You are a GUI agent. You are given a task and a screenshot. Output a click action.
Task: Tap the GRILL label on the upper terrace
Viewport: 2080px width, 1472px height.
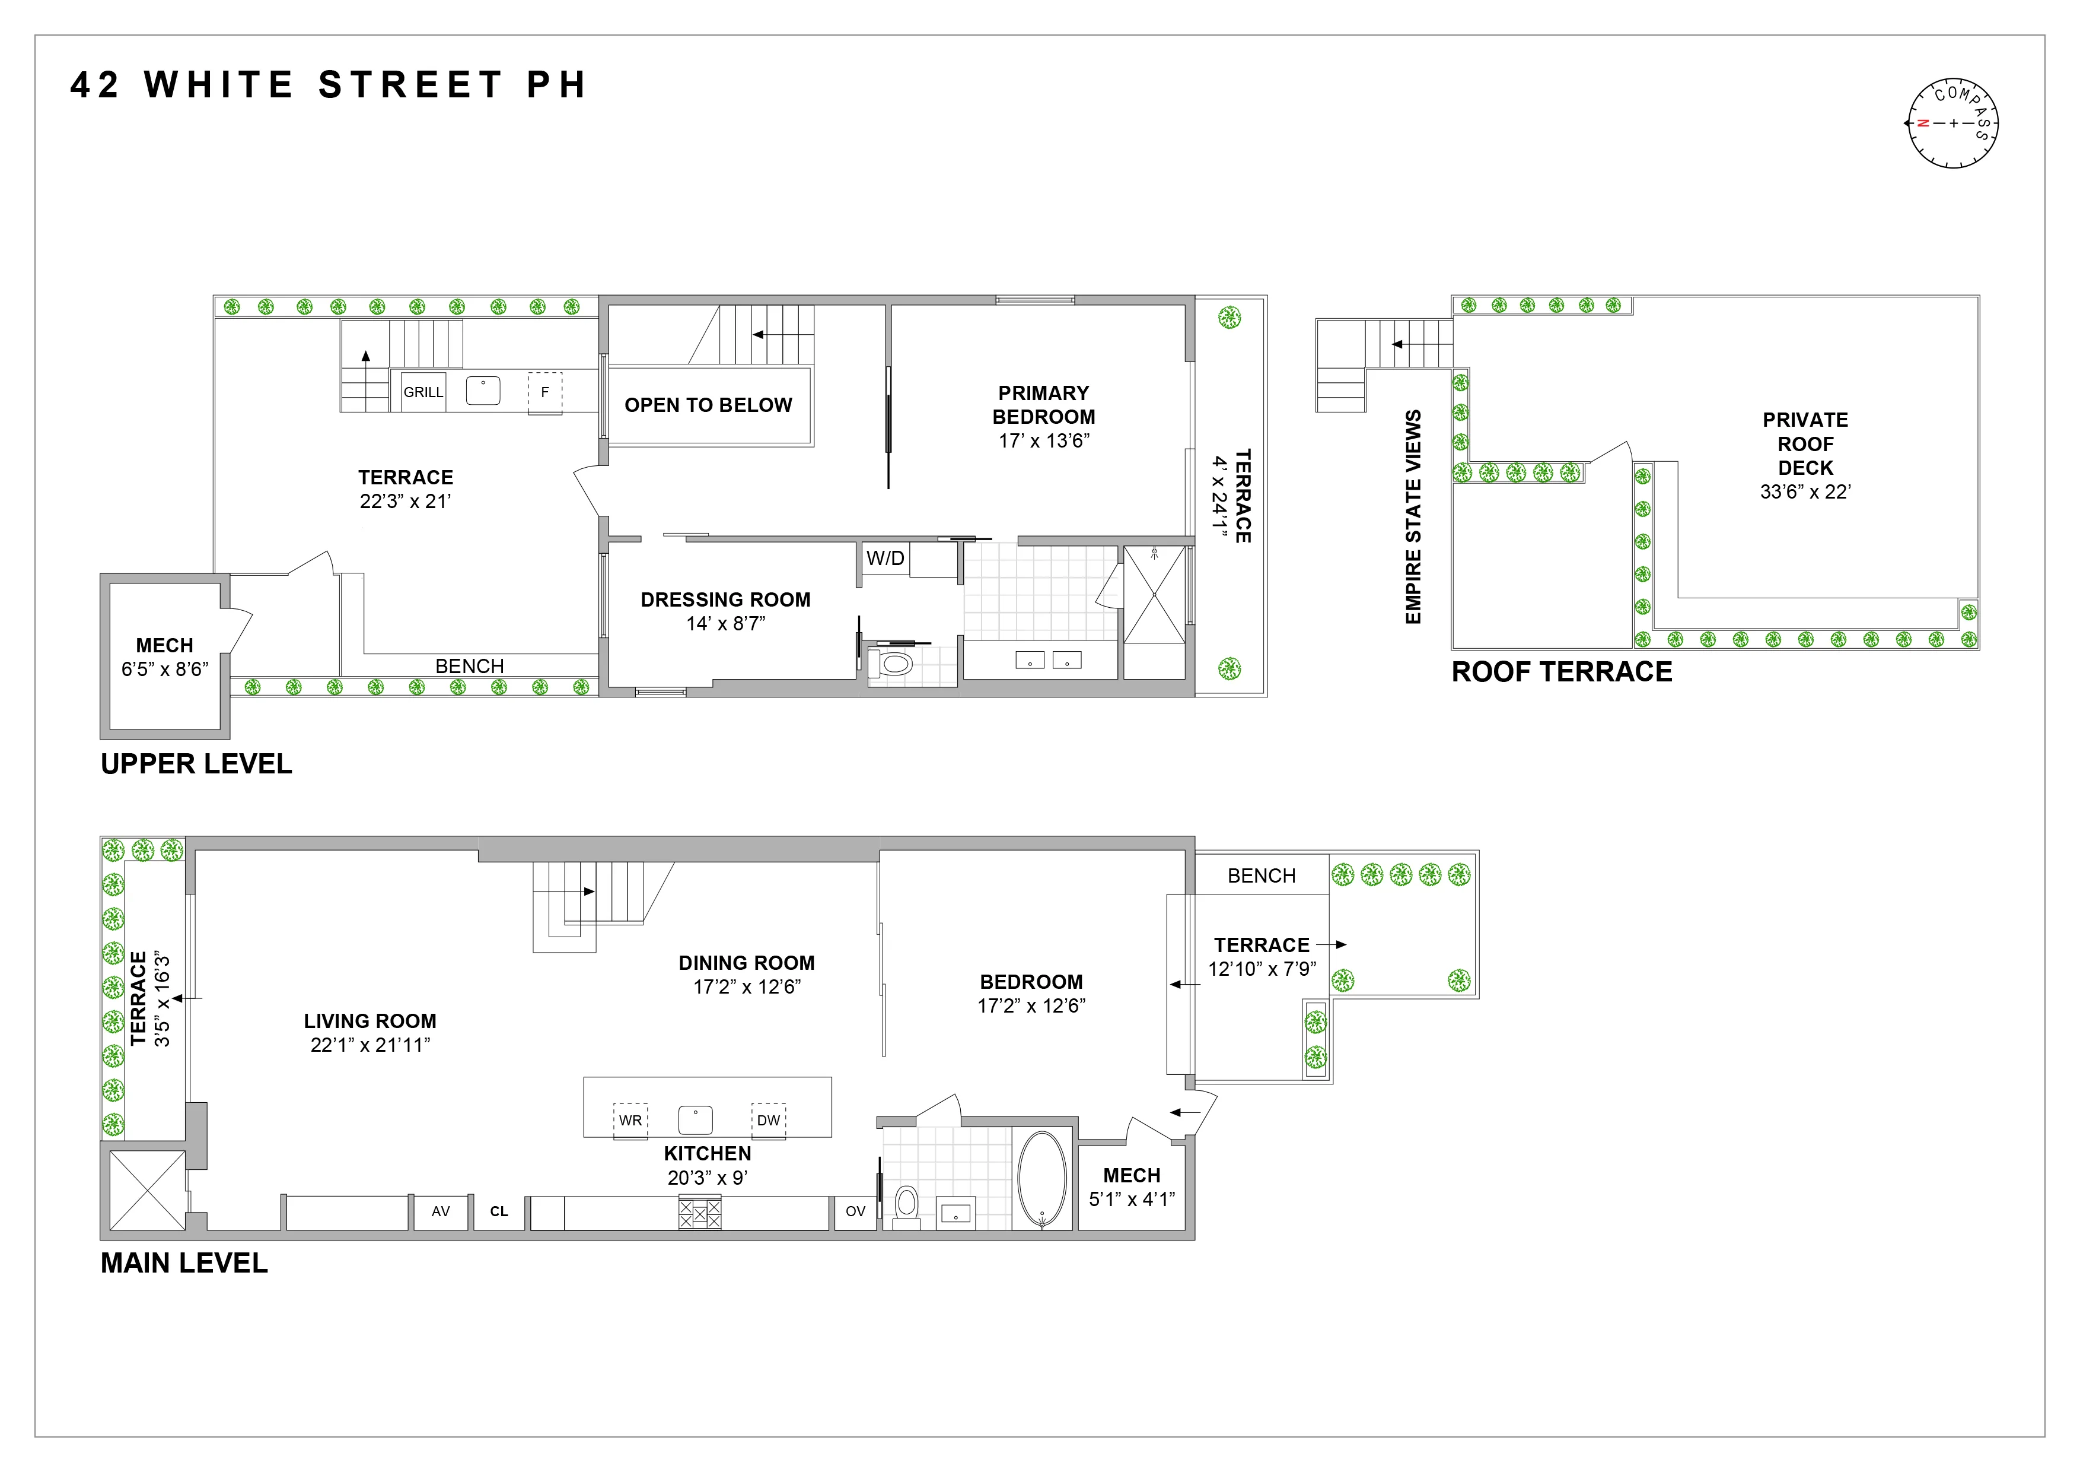423,392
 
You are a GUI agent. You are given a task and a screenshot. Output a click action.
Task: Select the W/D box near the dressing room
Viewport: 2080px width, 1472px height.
885,559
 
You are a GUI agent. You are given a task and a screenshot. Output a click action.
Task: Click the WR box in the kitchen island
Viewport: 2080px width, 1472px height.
630,1120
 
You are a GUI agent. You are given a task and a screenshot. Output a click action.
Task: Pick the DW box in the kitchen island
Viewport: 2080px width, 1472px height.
768,1120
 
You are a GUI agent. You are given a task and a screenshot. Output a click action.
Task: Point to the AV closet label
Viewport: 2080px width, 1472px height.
440,1211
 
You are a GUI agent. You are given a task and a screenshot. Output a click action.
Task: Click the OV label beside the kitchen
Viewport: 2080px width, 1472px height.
855,1211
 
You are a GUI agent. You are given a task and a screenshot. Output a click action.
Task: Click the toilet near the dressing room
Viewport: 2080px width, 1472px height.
894,664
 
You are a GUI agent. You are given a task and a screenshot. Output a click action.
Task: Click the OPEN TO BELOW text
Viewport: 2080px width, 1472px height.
708,405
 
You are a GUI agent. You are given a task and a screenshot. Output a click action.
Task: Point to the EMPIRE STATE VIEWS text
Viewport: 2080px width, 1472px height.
1413,516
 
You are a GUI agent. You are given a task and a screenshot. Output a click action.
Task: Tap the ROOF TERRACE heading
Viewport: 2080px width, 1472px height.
1562,672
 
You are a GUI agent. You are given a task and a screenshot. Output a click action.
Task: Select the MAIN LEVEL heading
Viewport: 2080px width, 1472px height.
184,1262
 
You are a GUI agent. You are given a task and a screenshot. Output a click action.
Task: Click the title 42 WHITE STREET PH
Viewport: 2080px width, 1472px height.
329,85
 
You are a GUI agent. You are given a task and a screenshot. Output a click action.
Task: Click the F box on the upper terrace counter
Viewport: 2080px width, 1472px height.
544,392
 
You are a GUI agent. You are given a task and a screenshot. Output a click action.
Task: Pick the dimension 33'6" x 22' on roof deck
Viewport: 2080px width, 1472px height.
1805,492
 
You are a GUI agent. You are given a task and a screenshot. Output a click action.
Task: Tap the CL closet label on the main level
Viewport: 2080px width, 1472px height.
499,1211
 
